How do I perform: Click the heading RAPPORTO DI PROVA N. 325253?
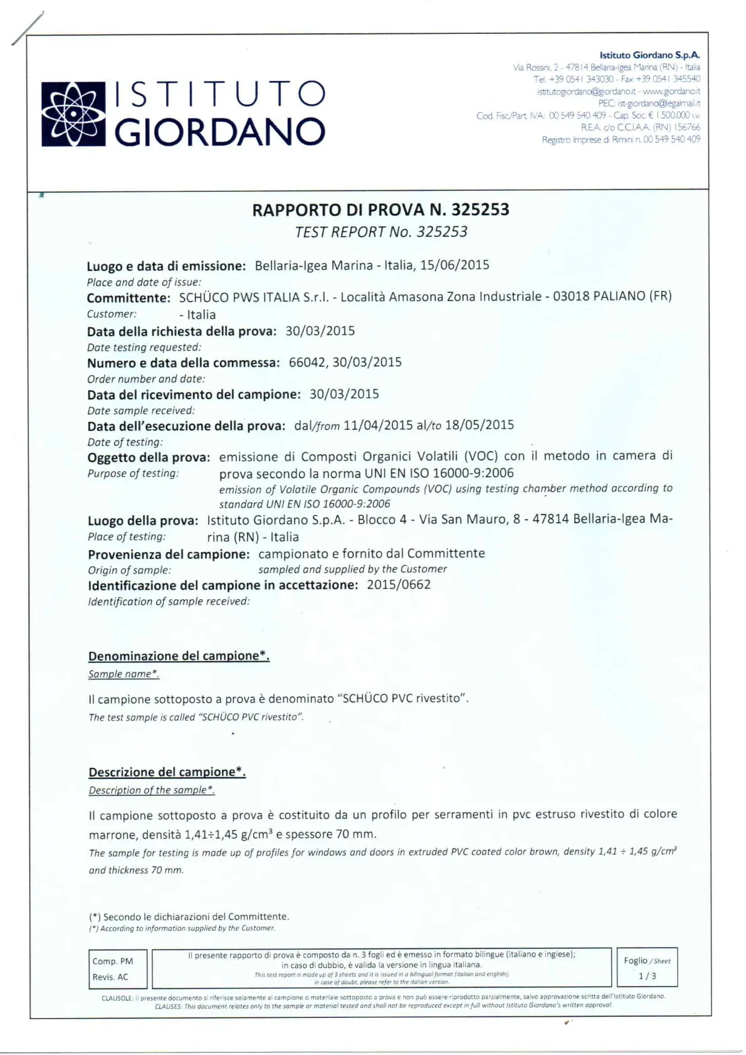(x=381, y=209)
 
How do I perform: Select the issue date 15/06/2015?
(x=454, y=265)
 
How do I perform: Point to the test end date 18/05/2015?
(x=480, y=425)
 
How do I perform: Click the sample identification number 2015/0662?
(x=399, y=585)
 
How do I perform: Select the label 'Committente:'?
(x=129, y=297)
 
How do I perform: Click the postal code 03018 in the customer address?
(x=571, y=296)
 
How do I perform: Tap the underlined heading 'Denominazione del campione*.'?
(x=179, y=656)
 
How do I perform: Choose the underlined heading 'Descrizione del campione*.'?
(x=167, y=772)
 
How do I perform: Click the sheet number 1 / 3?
(x=647, y=976)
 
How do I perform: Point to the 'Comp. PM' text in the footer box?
(x=112, y=961)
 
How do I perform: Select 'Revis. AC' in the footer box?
(x=110, y=977)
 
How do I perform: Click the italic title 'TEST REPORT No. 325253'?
(x=381, y=232)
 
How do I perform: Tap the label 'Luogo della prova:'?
(x=143, y=521)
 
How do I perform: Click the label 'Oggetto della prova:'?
(x=149, y=457)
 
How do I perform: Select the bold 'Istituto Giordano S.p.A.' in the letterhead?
(x=649, y=55)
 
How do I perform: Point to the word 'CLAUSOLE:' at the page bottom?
(x=117, y=997)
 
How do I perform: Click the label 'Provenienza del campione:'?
(x=169, y=554)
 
